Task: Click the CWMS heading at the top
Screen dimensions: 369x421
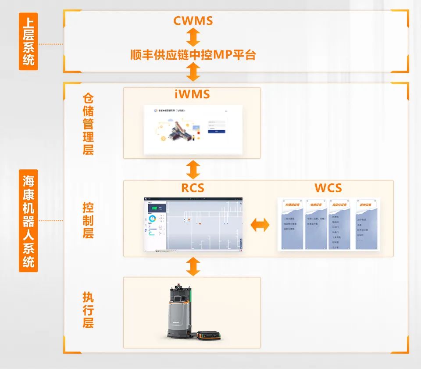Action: tap(193, 21)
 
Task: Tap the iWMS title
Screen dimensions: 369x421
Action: tap(192, 94)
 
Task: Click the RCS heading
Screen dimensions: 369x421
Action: tap(193, 188)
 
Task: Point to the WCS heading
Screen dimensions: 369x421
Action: tap(328, 188)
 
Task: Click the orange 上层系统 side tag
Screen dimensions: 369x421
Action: tap(29, 41)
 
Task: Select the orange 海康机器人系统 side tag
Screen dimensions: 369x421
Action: tap(29, 221)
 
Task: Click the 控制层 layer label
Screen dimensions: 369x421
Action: tap(88, 220)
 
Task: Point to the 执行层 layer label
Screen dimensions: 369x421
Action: tap(88, 310)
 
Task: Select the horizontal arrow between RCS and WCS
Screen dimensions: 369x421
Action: tap(260, 225)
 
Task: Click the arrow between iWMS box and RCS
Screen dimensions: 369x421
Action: tap(193, 169)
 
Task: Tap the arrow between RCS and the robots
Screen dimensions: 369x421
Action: tap(193, 266)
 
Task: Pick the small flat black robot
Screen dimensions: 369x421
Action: tap(210, 336)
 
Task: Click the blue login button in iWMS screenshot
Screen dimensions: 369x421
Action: tap(217, 131)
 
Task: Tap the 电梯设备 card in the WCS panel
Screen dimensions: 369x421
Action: tap(316, 224)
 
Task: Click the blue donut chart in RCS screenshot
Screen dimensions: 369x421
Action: tap(153, 218)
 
